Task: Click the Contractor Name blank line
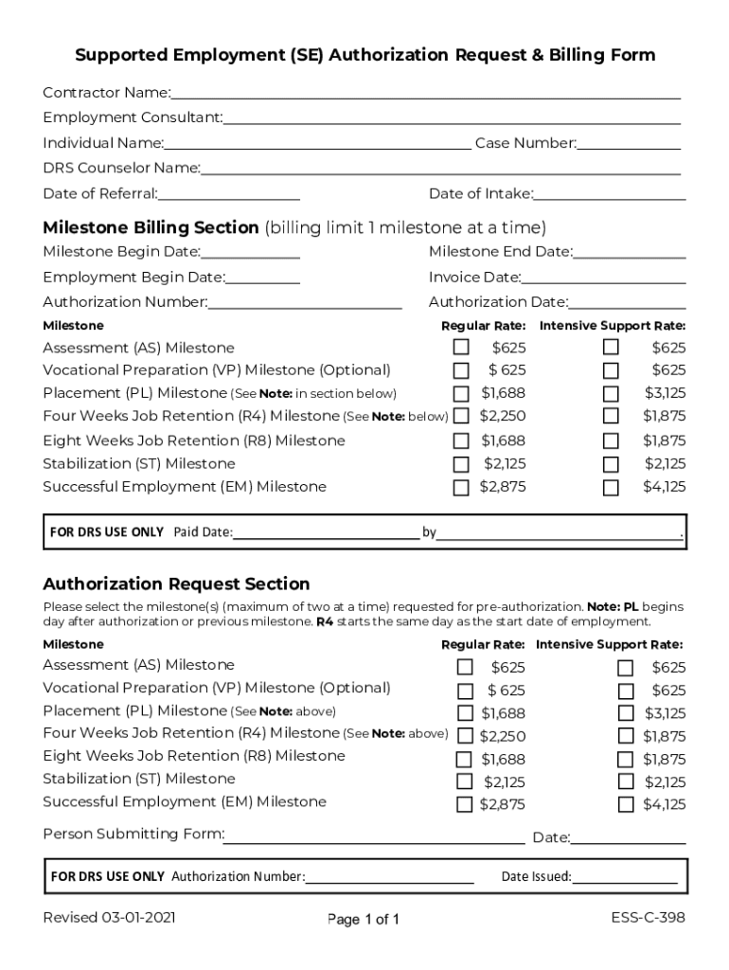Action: pos(425,93)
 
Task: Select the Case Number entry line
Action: pos(629,143)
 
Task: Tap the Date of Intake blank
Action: pos(610,194)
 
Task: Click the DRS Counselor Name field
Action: pos(440,169)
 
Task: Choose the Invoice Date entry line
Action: pos(603,278)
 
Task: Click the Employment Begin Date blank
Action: pos(262,278)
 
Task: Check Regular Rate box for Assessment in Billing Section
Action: pos(461,348)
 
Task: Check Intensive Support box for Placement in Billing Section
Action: pos(612,394)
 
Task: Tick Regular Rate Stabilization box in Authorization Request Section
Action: pos(465,781)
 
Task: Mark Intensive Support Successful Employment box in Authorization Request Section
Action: pos(626,805)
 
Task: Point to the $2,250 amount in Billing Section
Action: pos(503,416)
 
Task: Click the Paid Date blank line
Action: pos(326,532)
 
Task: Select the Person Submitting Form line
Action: pos(374,835)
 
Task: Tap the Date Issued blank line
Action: pos(625,877)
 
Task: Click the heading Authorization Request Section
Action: pos(176,584)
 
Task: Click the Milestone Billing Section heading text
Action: pos(151,227)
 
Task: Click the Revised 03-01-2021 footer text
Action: pos(109,918)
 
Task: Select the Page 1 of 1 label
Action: pos(364,919)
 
